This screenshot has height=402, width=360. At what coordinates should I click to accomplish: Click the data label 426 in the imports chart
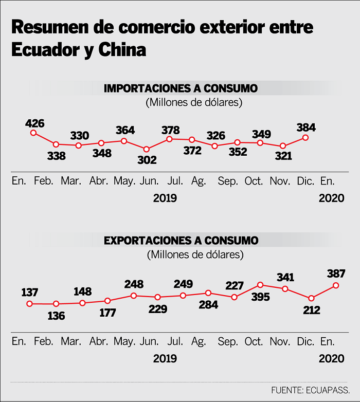point(34,123)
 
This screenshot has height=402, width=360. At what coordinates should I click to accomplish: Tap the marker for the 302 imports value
point(147,149)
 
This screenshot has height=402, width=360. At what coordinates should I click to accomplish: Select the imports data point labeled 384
point(305,137)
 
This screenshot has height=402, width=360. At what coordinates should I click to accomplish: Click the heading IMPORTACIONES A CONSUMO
point(181,88)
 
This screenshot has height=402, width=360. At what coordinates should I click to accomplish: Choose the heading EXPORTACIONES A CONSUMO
point(181,240)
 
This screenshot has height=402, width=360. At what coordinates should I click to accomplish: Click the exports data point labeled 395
point(261,285)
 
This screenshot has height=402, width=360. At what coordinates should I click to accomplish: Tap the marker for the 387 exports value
point(336,285)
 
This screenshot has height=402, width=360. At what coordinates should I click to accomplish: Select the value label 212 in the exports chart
point(311,310)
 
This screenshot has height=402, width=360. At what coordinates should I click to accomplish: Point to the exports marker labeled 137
point(30,304)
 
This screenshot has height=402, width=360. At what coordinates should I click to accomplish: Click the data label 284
point(208,305)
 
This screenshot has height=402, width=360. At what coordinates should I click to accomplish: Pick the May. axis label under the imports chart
point(124,181)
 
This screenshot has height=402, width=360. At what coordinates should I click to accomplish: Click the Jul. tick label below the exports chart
point(176,342)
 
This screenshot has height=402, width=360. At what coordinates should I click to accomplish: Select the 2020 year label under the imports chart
point(331,198)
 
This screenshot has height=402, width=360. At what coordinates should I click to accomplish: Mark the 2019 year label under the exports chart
point(165,358)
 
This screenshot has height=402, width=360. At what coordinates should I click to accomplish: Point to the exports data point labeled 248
point(134,296)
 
